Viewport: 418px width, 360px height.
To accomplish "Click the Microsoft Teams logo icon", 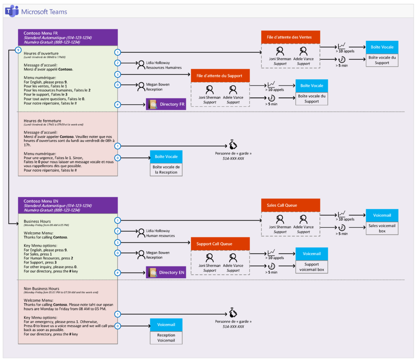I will pyautogui.click(x=11, y=11).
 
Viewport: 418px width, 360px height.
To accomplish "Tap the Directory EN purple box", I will pyautogui.click(x=166, y=273).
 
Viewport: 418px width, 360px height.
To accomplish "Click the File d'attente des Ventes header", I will pyautogui.click(x=290, y=37).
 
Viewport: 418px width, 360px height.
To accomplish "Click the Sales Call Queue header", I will pyautogui.click(x=290, y=205).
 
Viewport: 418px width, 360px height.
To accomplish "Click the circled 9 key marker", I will pyautogui.click(x=17, y=50).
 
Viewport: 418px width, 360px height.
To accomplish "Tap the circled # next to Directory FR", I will pyautogui.click(x=118, y=105).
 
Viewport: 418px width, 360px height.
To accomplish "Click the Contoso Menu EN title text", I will pyautogui.click(x=41, y=201).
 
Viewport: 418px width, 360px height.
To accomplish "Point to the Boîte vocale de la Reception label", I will pyautogui.click(x=166, y=170).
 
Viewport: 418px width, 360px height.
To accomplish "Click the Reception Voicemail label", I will pyautogui.click(x=166, y=338).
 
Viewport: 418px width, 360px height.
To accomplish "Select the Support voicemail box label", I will pyautogui.click(x=311, y=267).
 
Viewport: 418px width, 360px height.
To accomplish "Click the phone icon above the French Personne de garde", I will pyautogui.click(x=233, y=145).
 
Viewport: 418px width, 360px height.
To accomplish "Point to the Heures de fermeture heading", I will pyautogui.click(x=42, y=121).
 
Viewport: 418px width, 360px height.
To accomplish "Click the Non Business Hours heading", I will pyautogui.click(x=41, y=288).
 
